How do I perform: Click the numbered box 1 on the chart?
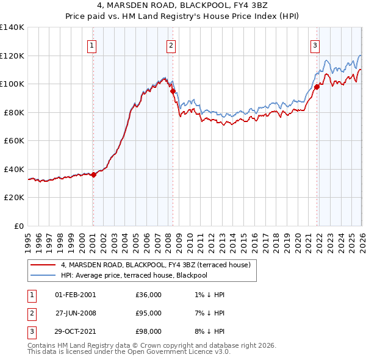pos(91,46)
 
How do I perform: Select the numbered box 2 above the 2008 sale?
pos(171,46)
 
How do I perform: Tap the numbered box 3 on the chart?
pos(315,46)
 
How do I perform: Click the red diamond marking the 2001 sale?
pos(93,175)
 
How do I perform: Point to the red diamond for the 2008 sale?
pos(173,92)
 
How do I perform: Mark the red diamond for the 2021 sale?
pos(317,87)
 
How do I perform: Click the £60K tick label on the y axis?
pos(14,141)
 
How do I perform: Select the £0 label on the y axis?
pos(19,226)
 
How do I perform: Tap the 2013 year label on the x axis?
pos(222,243)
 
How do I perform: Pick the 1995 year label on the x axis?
pos(28,243)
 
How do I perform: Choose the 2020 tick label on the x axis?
pos(298,243)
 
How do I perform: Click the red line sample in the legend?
pos(43,265)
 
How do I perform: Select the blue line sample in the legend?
pos(43,275)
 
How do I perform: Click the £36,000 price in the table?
pos(148,295)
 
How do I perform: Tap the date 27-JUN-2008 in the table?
pos(76,313)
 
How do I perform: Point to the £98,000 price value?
pos(148,331)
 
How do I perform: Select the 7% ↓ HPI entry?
pos(209,313)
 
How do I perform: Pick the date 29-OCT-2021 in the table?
pos(75,331)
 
